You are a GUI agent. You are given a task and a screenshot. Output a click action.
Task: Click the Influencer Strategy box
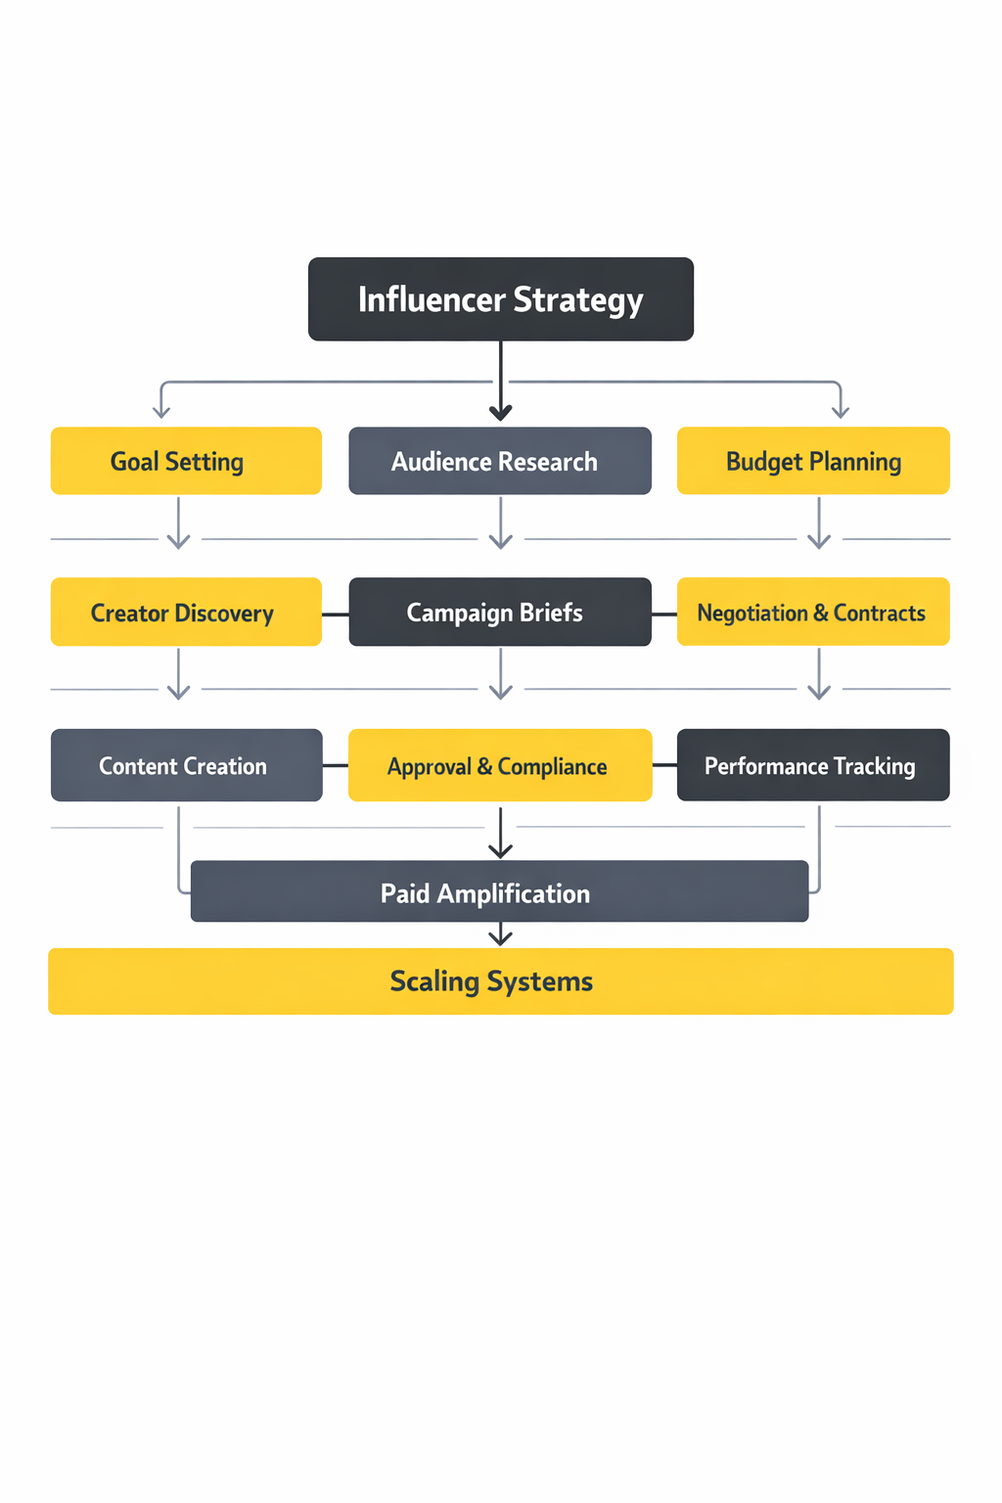tap(500, 299)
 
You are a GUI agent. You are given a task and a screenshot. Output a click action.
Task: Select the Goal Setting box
tap(186, 461)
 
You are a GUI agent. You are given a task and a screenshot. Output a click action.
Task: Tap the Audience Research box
tap(500, 461)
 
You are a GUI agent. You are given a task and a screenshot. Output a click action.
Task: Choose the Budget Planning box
tap(813, 461)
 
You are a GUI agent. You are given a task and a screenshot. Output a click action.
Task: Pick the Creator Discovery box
tap(186, 613)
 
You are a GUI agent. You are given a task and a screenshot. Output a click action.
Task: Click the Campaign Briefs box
tap(500, 613)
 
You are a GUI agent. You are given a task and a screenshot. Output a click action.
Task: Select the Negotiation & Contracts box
tap(813, 613)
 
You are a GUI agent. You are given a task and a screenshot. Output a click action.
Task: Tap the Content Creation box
tap(186, 765)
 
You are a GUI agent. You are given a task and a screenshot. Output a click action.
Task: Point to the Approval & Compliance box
tap(500, 765)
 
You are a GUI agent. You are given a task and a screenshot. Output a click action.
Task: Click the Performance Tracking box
tap(813, 765)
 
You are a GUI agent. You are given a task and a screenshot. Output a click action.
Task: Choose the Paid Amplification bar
tap(499, 891)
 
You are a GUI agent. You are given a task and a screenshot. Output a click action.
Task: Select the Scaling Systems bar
tap(500, 981)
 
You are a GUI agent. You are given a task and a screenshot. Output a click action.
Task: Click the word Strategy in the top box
tap(578, 300)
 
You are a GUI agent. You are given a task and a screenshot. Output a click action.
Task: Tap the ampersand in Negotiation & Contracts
tap(820, 614)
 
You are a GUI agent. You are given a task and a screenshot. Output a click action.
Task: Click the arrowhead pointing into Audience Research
tap(501, 412)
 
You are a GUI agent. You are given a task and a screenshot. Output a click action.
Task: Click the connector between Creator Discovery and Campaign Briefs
tap(335, 615)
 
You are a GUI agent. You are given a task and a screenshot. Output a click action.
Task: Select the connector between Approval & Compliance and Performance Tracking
tap(664, 765)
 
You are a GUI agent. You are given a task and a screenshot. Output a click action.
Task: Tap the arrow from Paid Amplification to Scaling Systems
tap(501, 935)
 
